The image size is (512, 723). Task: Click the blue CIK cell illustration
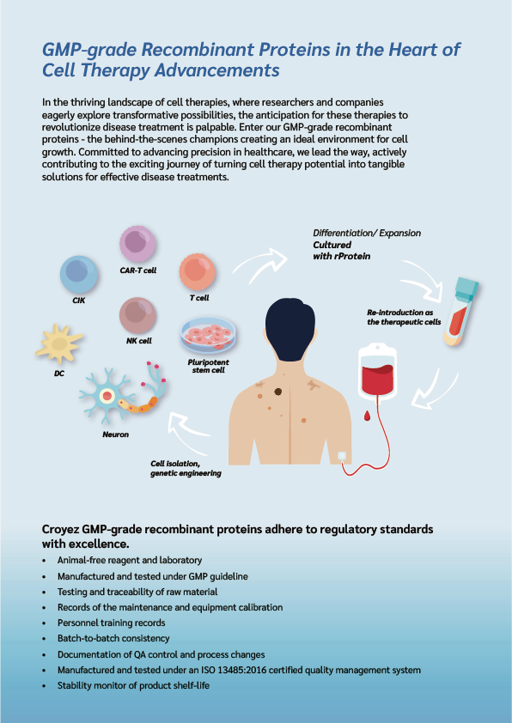pos(79,275)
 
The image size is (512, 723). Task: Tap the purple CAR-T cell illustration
pos(137,244)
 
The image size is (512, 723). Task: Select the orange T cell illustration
pos(197,271)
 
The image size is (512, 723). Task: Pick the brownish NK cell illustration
pos(137,315)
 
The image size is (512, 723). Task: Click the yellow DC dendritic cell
pos(59,343)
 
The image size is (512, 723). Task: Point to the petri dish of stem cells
pos(209,335)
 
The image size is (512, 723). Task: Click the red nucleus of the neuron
pos(107,395)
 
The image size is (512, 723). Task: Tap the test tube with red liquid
pos(460,311)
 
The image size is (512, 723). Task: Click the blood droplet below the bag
pos(367,416)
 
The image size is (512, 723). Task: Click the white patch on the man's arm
pos(342,456)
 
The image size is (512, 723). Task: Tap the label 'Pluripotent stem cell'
pos(209,366)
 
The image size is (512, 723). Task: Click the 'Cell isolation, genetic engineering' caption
pos(186,469)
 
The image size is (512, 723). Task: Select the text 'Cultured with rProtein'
pos(341,251)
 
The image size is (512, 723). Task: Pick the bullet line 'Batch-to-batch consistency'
pos(113,639)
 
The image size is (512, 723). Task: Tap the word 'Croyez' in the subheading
pos(60,529)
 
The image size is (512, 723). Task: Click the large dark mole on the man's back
pos(277,392)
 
